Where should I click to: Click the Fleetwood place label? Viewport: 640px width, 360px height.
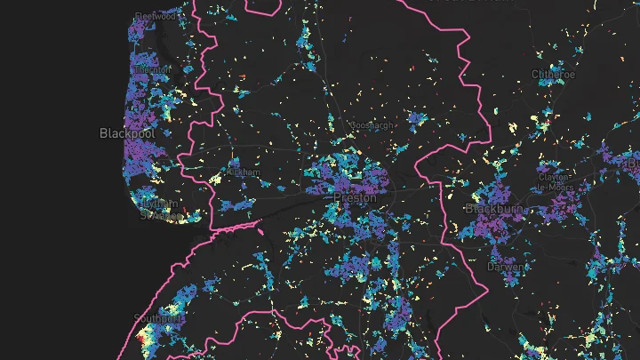(x=153, y=15)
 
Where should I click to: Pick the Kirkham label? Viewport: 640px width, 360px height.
(x=244, y=172)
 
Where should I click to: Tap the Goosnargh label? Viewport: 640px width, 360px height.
(x=372, y=125)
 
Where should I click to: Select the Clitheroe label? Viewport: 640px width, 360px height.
(x=553, y=74)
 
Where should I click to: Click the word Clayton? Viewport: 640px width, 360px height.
(x=553, y=176)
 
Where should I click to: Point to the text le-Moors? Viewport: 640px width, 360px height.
(x=553, y=188)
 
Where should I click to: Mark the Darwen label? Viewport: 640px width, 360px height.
(x=500, y=266)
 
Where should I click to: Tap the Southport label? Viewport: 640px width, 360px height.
(x=158, y=317)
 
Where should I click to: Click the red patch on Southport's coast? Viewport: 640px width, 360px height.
(x=142, y=338)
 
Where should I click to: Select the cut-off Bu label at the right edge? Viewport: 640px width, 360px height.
(x=633, y=164)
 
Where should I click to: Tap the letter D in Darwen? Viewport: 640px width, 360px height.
(x=490, y=266)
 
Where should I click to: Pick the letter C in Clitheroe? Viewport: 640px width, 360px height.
(x=535, y=74)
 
